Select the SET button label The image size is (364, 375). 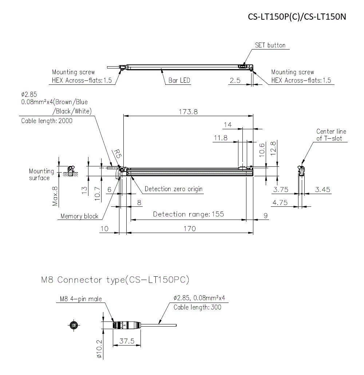point(270,46)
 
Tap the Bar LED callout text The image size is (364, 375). point(179,80)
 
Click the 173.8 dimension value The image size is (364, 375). point(188,112)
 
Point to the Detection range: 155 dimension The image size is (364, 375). point(188,214)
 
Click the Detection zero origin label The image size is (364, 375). point(173,189)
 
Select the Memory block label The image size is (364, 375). point(79,216)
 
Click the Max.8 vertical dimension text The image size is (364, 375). point(55,196)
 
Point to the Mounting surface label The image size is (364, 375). point(41,174)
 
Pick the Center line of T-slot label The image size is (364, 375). point(331,135)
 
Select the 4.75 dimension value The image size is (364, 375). point(280,203)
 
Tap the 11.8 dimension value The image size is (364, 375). point(221,138)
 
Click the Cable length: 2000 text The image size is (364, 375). point(47,121)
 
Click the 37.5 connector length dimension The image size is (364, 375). point(127,341)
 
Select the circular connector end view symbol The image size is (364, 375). point(74,325)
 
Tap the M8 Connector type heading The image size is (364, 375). point(115,280)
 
